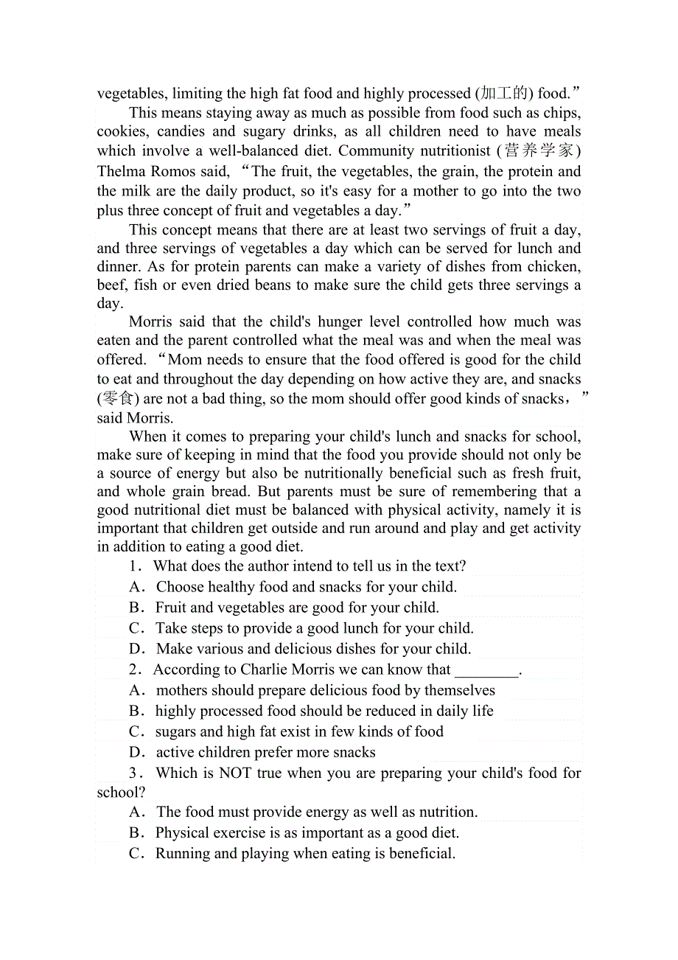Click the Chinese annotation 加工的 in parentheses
[x=503, y=94]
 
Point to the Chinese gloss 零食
[x=117, y=399]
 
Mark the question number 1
[x=134, y=566]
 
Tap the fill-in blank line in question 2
[x=486, y=671]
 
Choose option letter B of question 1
[x=136, y=608]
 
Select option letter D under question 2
[x=136, y=752]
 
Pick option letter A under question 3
[x=136, y=812]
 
